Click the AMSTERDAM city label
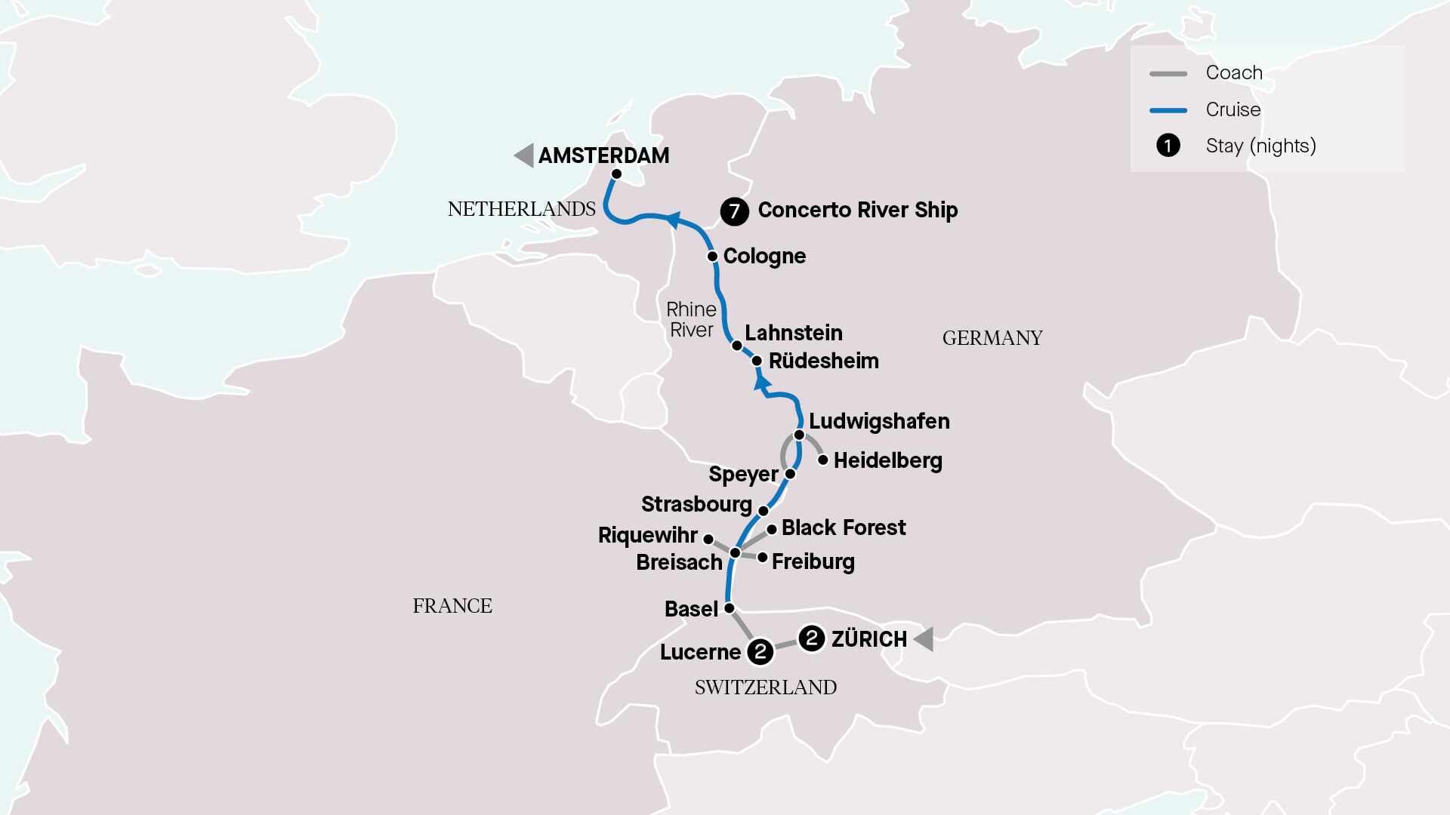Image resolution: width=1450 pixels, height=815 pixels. [x=603, y=155]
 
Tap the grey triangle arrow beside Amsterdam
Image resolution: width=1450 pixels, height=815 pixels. [x=524, y=155]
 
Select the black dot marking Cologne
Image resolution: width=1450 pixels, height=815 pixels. [x=712, y=257]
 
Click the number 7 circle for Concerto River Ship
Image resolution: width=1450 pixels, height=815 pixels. [x=734, y=211]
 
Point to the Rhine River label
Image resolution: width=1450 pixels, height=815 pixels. [x=691, y=320]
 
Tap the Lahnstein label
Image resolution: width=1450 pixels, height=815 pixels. [x=793, y=333]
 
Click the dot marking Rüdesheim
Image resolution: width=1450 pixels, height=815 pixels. [x=757, y=361]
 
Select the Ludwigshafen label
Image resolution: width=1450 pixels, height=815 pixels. [x=879, y=421]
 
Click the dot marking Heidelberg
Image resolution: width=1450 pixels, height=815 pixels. [x=823, y=460]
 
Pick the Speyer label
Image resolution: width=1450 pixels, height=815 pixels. [x=743, y=474]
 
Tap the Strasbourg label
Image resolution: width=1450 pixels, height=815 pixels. [x=696, y=504]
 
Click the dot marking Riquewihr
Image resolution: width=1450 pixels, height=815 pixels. [x=708, y=539]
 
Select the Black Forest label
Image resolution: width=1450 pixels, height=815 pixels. [x=844, y=527]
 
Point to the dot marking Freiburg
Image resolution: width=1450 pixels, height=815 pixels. [x=763, y=558]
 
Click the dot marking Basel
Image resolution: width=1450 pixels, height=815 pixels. [x=730, y=607]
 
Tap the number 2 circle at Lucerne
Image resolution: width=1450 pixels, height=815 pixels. [x=760, y=651]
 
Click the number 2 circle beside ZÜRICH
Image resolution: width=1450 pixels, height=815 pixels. [x=812, y=638]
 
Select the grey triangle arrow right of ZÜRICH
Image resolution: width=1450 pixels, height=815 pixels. [x=924, y=639]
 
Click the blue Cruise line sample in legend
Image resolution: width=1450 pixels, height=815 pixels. [x=1168, y=110]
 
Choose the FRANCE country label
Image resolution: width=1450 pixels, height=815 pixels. [x=452, y=606]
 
